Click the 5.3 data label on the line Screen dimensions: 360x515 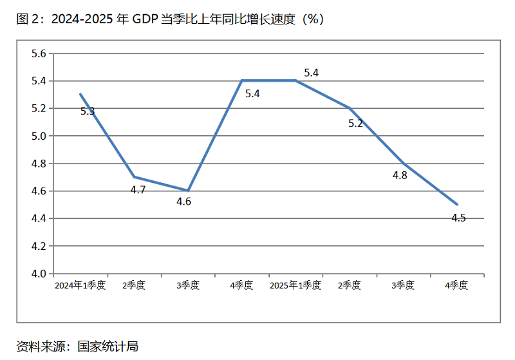[x=88, y=111]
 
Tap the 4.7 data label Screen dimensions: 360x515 [x=138, y=189]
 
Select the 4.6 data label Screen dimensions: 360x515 [x=184, y=202]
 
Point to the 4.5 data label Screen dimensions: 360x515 [x=458, y=218]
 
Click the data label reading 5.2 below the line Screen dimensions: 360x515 [x=355, y=124]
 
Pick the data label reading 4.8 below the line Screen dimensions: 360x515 [x=400, y=175]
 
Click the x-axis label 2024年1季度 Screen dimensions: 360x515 [x=80, y=285]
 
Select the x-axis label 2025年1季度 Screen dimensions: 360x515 [x=295, y=285]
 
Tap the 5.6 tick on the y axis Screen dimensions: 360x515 [x=39, y=53]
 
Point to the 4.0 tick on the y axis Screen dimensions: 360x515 [x=39, y=274]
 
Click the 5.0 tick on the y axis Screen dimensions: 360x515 [x=39, y=136]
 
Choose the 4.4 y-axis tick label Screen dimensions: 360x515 [x=39, y=219]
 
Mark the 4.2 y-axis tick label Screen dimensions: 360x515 [x=39, y=246]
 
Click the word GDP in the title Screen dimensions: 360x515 [x=146, y=19]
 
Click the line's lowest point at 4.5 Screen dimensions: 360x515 [x=457, y=205]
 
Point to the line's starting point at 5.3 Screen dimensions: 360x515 [x=80, y=95]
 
